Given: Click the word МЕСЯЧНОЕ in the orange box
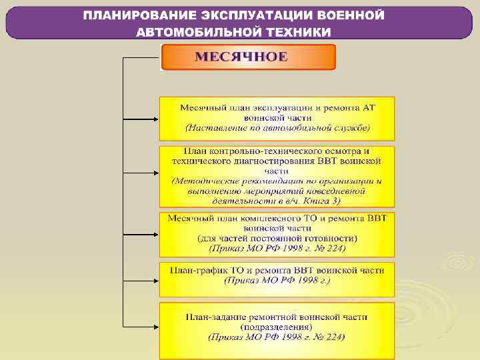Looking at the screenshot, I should [241, 57].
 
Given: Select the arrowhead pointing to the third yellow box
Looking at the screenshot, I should [155, 235].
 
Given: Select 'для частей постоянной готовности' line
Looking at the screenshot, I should [277, 238].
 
